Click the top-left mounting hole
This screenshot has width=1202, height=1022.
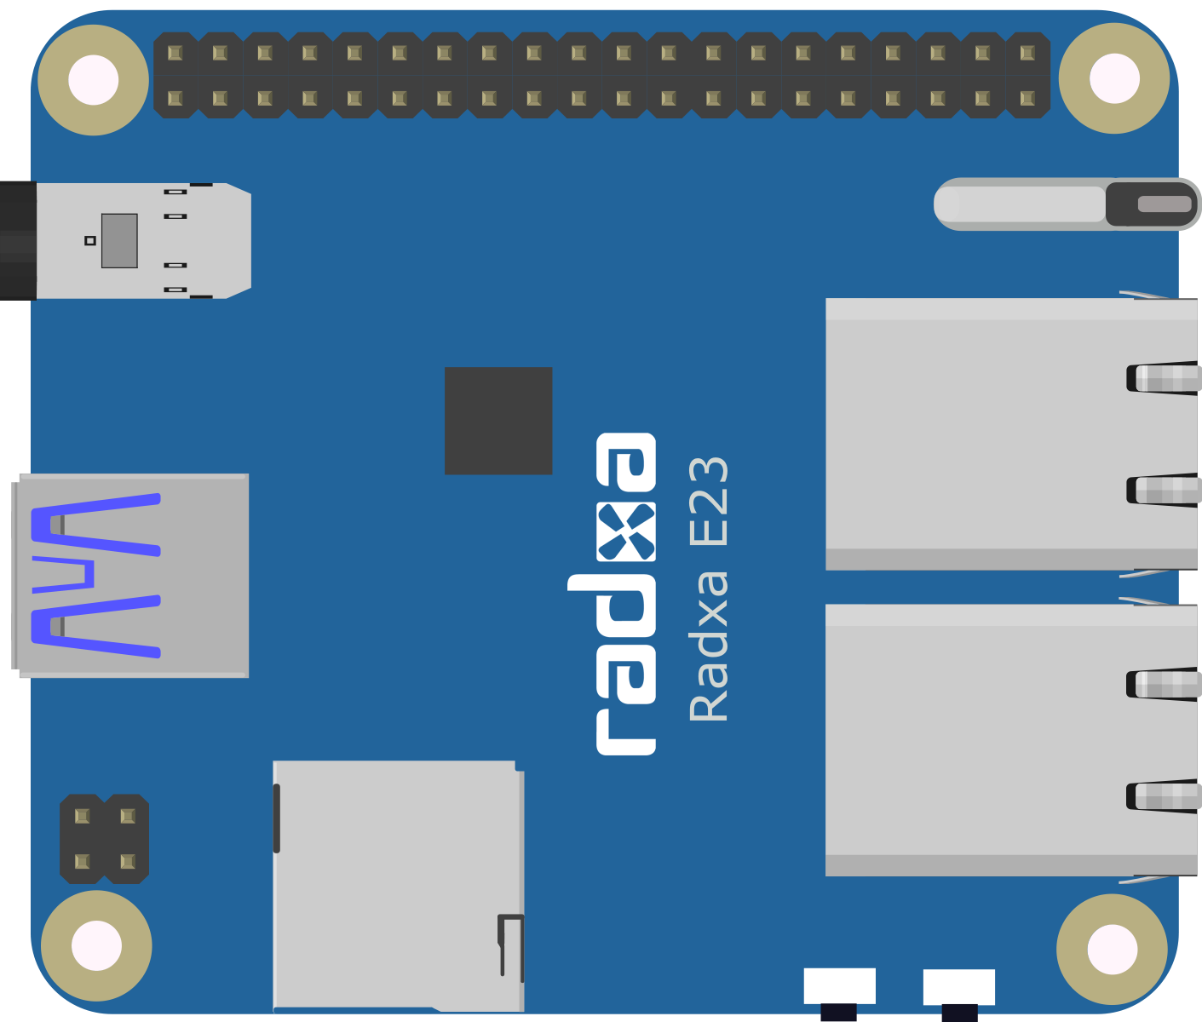tap(93, 80)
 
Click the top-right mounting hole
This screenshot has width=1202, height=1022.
tap(1114, 78)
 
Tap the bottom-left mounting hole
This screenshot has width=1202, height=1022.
tap(96, 946)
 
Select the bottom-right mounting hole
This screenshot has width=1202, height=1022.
tap(1112, 950)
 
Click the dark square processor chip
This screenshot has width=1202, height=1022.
tap(498, 421)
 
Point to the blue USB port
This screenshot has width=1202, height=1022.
tap(130, 576)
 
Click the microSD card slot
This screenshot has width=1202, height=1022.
tap(399, 886)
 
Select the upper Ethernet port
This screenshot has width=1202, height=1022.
tap(1013, 433)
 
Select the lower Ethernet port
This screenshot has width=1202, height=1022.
tap(1013, 740)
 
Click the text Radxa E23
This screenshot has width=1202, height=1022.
tap(708, 589)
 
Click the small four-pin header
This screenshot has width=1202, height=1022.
tap(104, 839)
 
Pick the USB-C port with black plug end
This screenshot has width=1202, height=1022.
tap(125, 241)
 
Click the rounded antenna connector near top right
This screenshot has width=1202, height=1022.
tap(1067, 204)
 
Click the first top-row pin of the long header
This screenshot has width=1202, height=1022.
tap(175, 53)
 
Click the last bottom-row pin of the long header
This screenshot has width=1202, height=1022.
tap(1027, 98)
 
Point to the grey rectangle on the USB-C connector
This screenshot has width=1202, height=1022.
tap(119, 241)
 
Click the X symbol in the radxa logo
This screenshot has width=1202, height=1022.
tap(626, 531)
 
